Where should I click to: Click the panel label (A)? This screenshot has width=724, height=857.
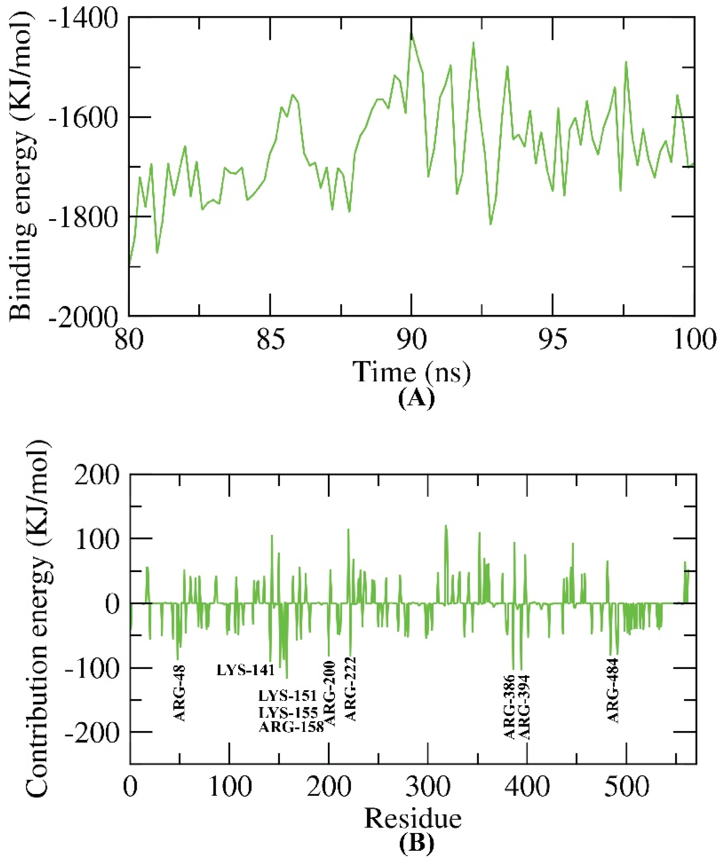[x=416, y=399]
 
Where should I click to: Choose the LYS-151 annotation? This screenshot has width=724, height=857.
[x=287, y=696]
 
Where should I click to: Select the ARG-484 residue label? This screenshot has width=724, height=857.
[x=613, y=690]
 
